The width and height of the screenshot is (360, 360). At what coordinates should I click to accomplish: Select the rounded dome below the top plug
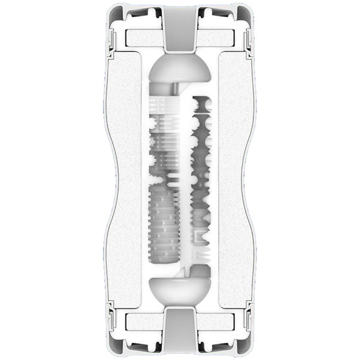[x=180, y=71]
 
